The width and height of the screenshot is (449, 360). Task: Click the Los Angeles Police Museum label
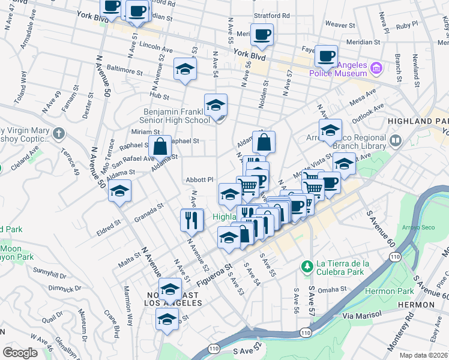coord(337,69)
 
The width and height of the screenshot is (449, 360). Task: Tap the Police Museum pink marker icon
coord(376,68)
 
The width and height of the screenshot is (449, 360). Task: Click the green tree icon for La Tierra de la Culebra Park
coord(307,265)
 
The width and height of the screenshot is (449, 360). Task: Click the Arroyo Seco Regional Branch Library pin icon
coord(396,141)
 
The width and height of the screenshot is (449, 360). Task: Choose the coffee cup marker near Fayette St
coord(326,56)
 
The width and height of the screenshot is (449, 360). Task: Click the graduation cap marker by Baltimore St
coord(185,69)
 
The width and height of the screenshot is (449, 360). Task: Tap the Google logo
coord(20,353)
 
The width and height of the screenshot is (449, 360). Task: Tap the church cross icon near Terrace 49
coord(58,133)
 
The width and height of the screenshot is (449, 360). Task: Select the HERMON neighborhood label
coord(416,305)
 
